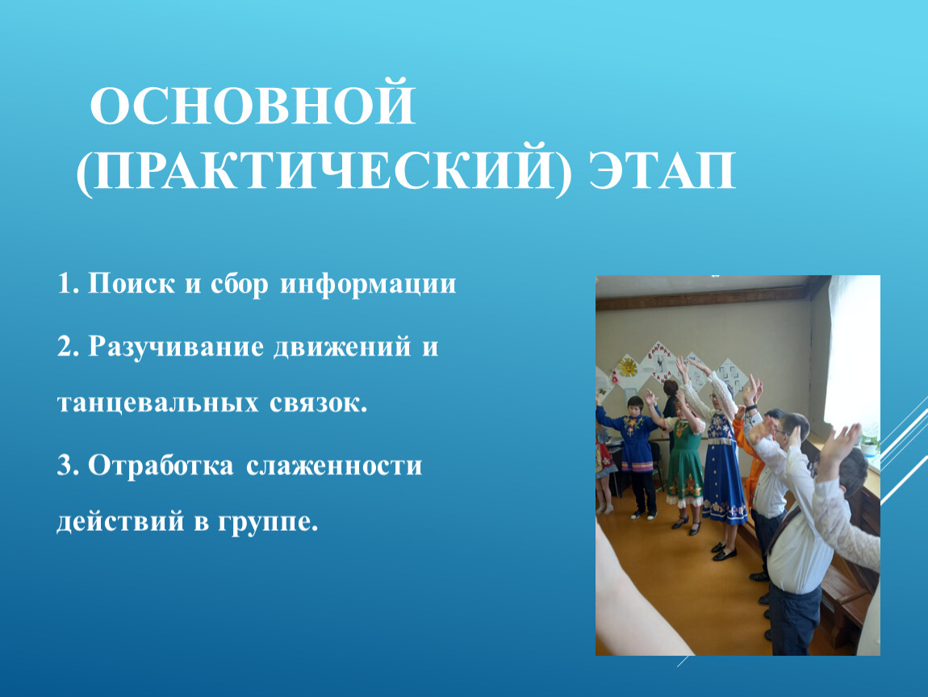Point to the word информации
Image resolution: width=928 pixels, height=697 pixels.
click(369, 285)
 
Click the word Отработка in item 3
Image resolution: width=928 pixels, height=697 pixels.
click(159, 466)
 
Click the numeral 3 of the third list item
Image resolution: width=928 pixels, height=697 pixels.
click(64, 466)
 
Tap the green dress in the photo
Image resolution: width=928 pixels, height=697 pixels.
click(683, 460)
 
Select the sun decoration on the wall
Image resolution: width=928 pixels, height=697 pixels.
click(626, 370)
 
